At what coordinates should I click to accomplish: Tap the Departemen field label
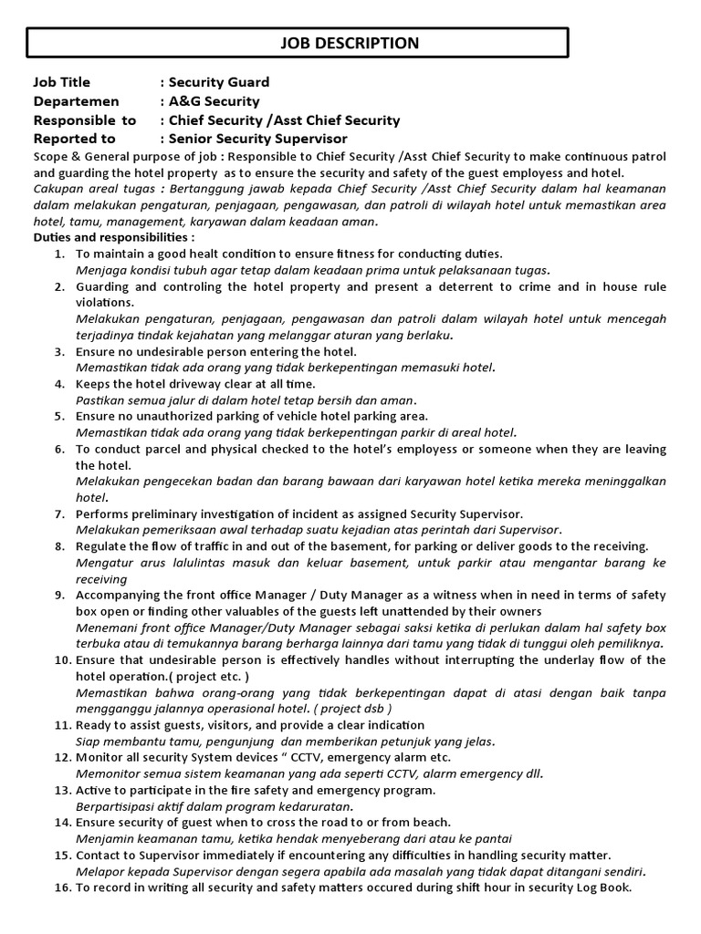tap(71, 101)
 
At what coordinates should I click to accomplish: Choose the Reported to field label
tap(75, 139)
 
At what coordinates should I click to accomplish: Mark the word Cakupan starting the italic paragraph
tap(58, 188)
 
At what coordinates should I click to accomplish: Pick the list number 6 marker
tap(59, 450)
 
